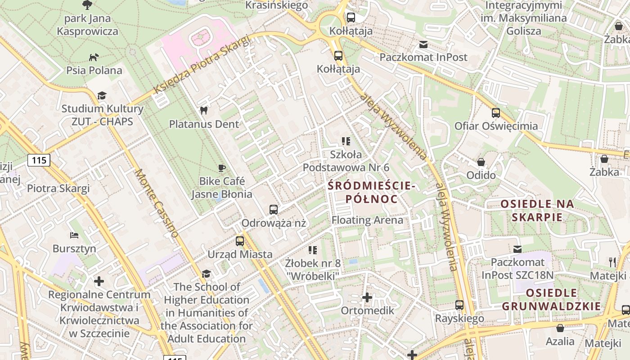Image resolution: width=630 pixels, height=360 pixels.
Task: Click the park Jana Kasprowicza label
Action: (x=88, y=25)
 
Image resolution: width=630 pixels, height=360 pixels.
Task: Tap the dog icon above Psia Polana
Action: (x=94, y=57)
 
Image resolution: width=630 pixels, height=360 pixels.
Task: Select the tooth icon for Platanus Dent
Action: (x=203, y=110)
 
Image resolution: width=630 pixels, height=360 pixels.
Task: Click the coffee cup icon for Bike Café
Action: (x=221, y=168)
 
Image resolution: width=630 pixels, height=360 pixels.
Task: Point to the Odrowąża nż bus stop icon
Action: (x=273, y=210)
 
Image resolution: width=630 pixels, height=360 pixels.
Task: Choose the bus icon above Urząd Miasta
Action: (x=240, y=241)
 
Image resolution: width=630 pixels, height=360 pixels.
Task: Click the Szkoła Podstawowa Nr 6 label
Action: (x=346, y=161)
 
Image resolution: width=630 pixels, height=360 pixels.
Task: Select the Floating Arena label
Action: (x=367, y=220)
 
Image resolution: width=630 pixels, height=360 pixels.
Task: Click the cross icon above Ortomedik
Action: (x=367, y=297)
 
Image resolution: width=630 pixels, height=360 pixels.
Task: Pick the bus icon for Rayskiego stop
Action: (x=459, y=305)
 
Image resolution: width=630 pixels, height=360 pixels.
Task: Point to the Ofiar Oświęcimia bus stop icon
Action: (x=496, y=113)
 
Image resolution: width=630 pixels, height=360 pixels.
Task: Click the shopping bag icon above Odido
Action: (x=481, y=162)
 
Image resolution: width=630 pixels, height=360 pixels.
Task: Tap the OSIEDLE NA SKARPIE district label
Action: (x=537, y=211)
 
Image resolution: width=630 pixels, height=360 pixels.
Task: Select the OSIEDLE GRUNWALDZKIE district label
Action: (x=551, y=300)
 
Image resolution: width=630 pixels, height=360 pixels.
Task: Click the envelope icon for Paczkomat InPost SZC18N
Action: (x=517, y=249)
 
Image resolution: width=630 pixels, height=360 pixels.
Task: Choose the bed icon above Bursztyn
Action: (x=74, y=235)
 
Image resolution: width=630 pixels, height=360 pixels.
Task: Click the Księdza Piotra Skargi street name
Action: (x=202, y=66)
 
